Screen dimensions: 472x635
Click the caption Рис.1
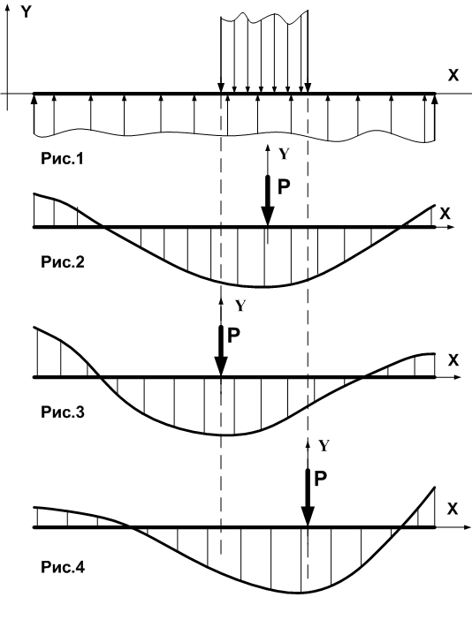(63, 158)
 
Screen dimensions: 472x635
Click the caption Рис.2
(63, 262)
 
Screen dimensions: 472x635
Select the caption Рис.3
(63, 412)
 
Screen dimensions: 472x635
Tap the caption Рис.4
(63, 567)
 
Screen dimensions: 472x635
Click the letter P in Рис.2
(284, 187)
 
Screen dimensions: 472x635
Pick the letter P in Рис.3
(233, 336)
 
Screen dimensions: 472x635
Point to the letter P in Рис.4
(321, 479)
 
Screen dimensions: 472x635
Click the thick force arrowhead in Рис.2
(268, 216)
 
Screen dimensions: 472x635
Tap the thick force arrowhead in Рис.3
(221, 367)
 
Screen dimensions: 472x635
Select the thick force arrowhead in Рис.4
(308, 517)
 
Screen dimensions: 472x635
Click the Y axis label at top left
(26, 12)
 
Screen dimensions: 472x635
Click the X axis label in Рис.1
(453, 75)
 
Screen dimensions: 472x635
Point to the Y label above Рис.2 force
(285, 154)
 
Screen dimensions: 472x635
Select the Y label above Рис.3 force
(240, 306)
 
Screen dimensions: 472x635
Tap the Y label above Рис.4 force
(324, 446)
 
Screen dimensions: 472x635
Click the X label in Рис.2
(445, 214)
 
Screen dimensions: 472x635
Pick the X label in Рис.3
(453, 359)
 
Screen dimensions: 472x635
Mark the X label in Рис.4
(453, 509)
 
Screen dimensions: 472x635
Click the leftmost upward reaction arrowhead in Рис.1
(34, 98)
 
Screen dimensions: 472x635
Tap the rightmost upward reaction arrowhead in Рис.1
(435, 98)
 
